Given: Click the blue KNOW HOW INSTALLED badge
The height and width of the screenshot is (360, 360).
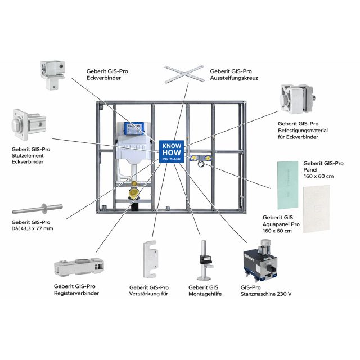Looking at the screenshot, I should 170,151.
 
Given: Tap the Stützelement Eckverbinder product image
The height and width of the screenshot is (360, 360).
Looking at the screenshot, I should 24,125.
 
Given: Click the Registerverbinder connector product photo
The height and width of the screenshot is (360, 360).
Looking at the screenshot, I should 79,268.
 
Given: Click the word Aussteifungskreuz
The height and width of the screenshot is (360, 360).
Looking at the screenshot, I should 233,78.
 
